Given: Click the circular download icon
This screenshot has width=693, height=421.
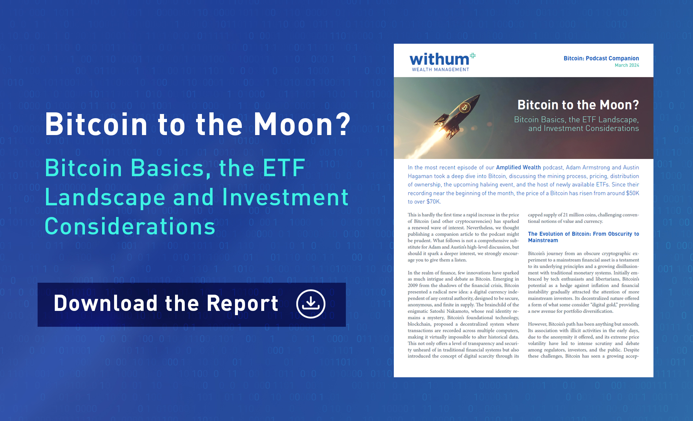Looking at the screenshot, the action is click(311, 304).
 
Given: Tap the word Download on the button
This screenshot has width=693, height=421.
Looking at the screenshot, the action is click(106, 303).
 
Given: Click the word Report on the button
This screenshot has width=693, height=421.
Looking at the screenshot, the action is click(242, 304).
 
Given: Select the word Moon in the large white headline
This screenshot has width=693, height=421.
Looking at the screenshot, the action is click(293, 124).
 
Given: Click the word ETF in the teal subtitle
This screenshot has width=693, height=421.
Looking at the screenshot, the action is click(284, 168).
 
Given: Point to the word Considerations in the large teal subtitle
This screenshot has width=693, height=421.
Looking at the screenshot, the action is click(130, 226).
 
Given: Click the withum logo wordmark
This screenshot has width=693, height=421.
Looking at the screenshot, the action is click(439, 59).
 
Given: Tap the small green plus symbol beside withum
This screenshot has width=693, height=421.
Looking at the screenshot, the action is click(473, 56).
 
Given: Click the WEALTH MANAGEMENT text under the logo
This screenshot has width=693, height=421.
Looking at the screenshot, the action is click(440, 69).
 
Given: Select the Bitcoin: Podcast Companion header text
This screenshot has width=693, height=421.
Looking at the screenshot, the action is click(601, 58).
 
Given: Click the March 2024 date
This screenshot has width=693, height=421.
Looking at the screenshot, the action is click(627, 65).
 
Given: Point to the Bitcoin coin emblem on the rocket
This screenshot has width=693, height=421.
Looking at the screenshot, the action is click(464, 107).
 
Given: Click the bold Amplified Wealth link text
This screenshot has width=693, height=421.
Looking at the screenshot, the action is click(518, 167).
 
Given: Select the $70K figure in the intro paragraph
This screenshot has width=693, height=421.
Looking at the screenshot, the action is click(433, 201).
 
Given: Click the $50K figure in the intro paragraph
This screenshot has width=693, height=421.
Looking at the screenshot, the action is click(632, 193).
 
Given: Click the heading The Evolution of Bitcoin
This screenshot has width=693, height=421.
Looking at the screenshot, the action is click(583, 237).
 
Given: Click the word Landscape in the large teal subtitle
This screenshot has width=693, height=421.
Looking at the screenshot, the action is click(105, 197).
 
